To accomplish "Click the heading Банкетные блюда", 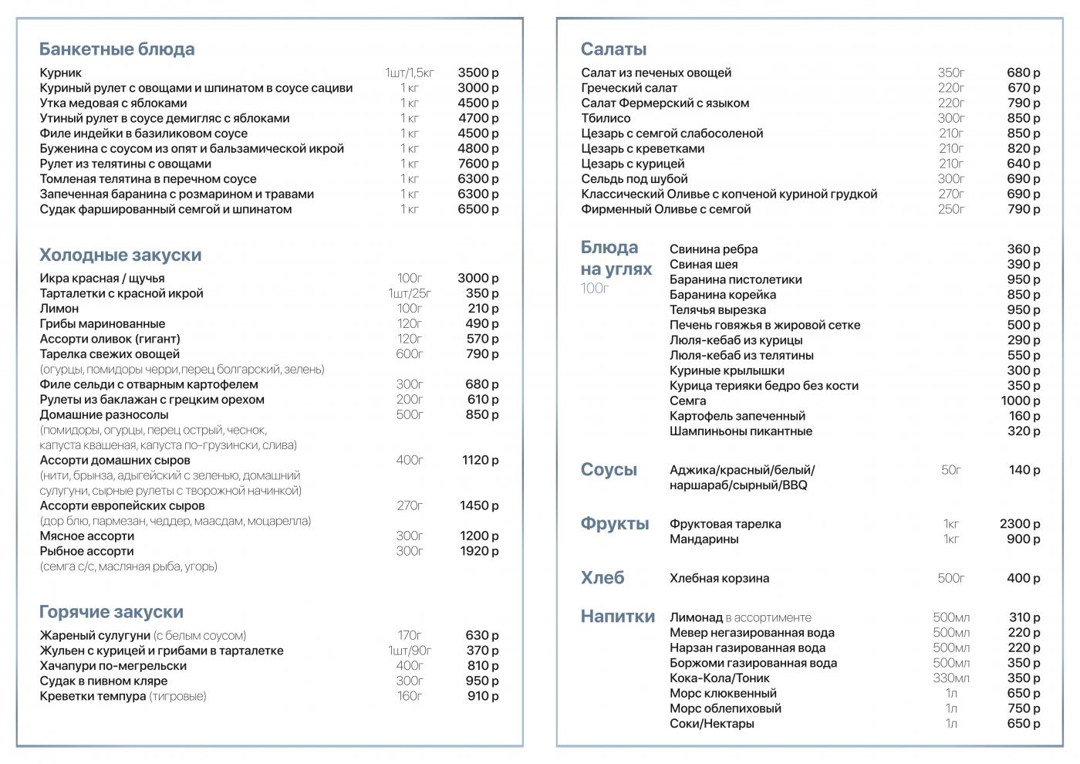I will [x=116, y=49].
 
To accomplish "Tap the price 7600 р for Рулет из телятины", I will [x=478, y=164].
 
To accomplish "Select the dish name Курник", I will [x=60, y=73].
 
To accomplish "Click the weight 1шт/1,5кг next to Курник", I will [x=410, y=73].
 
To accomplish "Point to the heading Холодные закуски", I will [x=120, y=255].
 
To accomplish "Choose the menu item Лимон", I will [x=59, y=309].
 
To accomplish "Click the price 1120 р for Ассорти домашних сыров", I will [x=480, y=460].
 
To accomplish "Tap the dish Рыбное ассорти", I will [x=86, y=551].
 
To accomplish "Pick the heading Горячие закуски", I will [x=111, y=612].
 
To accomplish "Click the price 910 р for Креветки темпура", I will [x=482, y=696].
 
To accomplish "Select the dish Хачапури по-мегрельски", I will [x=113, y=666].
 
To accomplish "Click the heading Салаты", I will [x=613, y=49].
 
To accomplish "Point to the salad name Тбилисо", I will [x=606, y=118].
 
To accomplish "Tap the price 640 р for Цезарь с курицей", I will [x=1024, y=164].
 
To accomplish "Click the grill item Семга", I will [x=687, y=401].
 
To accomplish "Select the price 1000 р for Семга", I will [x=1020, y=401].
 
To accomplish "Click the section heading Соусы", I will [x=609, y=470].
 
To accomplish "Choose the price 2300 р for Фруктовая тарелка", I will [x=1020, y=524].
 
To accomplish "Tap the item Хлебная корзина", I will [x=719, y=578].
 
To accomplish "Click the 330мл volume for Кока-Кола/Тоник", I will [x=951, y=678].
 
